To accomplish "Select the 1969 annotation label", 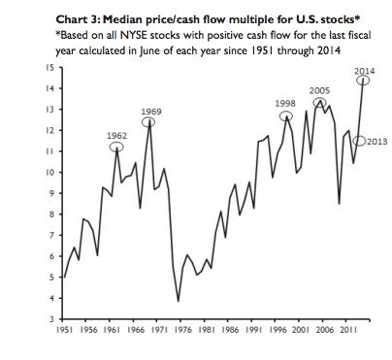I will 150,112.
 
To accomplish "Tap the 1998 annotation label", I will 285,103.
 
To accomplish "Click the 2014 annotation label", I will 364,72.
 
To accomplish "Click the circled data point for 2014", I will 365,82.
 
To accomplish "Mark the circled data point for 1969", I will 149,122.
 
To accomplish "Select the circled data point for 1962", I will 115,147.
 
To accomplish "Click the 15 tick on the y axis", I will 48,67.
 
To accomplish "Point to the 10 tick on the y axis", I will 48,172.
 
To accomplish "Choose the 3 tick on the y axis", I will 49,318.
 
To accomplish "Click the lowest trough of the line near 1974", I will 178,301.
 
